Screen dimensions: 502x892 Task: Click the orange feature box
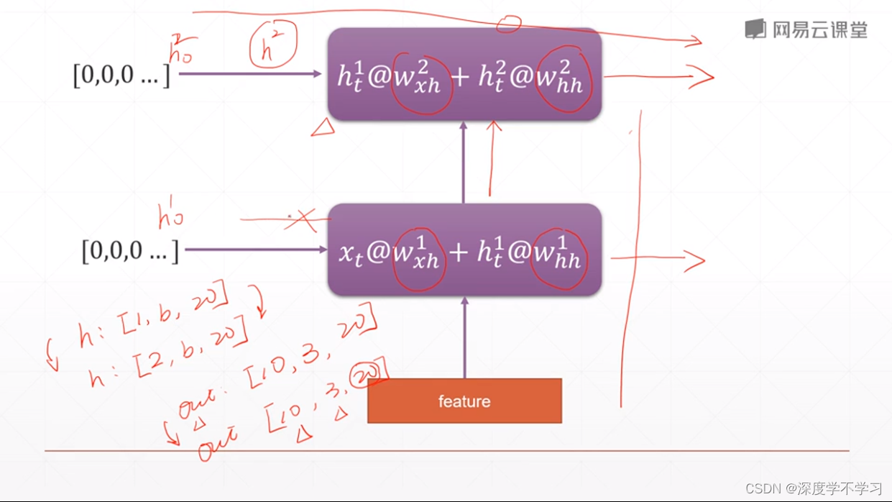click(x=464, y=401)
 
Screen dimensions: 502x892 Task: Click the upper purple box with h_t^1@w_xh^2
click(x=464, y=75)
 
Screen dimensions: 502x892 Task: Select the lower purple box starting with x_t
click(x=464, y=250)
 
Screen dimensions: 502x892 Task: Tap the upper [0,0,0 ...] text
click(x=121, y=74)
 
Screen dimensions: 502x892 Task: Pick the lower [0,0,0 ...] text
click(x=130, y=250)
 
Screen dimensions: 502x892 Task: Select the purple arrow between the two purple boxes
click(x=464, y=162)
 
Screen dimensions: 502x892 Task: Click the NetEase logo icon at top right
click(x=755, y=29)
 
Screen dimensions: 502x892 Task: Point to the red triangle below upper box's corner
click(x=323, y=128)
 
